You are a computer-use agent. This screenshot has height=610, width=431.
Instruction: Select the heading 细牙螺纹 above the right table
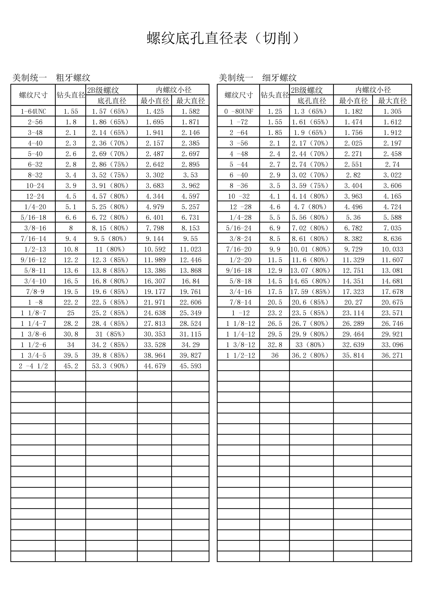pos(280,78)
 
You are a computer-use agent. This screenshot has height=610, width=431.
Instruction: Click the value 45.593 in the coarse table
pos(190,366)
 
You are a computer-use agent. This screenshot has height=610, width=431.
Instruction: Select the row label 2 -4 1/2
pos(33,366)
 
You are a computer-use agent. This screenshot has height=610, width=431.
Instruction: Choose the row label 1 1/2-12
pos(240,355)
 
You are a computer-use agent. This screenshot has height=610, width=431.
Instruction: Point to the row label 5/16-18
pos(33,218)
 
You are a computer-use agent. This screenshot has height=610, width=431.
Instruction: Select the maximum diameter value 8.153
pos(190,228)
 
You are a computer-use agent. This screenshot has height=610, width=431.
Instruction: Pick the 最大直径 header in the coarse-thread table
pos(190,101)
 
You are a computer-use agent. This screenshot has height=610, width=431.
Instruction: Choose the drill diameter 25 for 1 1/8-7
pos(71,313)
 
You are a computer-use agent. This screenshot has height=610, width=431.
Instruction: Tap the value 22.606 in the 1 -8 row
pos(190,302)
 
